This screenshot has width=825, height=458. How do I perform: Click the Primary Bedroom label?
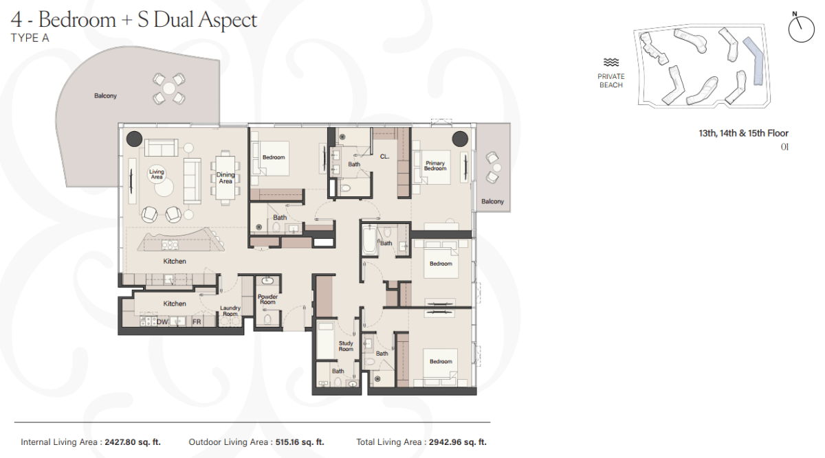click(435, 166)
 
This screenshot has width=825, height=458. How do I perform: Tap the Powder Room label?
click(267, 299)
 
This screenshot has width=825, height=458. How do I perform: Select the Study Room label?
click(346, 346)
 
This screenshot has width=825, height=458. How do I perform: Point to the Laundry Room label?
click(230, 311)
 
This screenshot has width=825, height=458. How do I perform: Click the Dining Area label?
click(225, 178)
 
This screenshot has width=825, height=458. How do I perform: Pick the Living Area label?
click(157, 174)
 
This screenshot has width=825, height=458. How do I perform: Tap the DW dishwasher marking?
click(162, 322)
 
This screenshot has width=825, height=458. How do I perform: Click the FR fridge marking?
click(197, 322)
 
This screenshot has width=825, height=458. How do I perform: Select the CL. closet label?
click(384, 157)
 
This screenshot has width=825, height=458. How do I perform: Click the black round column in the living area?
click(135, 139)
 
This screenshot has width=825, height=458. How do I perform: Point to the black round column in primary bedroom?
click(460, 139)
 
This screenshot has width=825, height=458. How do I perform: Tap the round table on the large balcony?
click(169, 89)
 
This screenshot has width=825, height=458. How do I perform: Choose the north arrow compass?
click(801, 27)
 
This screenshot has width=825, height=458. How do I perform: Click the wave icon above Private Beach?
click(611, 62)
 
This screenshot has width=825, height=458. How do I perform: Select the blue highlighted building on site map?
click(755, 61)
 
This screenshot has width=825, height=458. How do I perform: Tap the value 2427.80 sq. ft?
click(133, 442)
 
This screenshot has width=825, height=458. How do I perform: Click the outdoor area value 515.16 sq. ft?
click(300, 442)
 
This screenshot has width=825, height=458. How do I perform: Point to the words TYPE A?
click(30, 38)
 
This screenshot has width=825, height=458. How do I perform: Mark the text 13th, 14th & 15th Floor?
click(744, 133)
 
